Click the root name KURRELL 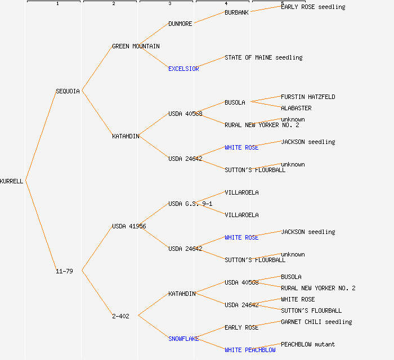12,181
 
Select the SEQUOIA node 68,91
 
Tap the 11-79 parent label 64,271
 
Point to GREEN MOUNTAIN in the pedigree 136,46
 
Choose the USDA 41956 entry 129,226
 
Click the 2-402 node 120,316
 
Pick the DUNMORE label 180,24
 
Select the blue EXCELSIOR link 183,69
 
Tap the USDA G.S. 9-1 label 190,204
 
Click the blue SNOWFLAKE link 183,339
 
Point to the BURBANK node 236,12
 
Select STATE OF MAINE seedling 263,57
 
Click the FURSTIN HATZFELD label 308,97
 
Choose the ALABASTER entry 296,108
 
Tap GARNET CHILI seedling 316,322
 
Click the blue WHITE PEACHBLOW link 250,350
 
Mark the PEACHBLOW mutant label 308,344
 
